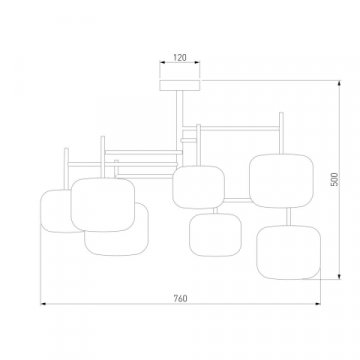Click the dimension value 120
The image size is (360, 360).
(180, 57)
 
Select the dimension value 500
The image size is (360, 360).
(335, 179)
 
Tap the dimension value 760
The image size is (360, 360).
(180, 298)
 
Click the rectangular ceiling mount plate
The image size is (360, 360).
(180, 85)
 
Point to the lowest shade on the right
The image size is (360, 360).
(288, 252)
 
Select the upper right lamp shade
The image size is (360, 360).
(281, 181)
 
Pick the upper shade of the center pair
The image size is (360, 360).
(198, 187)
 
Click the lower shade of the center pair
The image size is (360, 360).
(215, 235)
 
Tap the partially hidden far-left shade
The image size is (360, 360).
(55, 211)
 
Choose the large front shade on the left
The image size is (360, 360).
(103, 205)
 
